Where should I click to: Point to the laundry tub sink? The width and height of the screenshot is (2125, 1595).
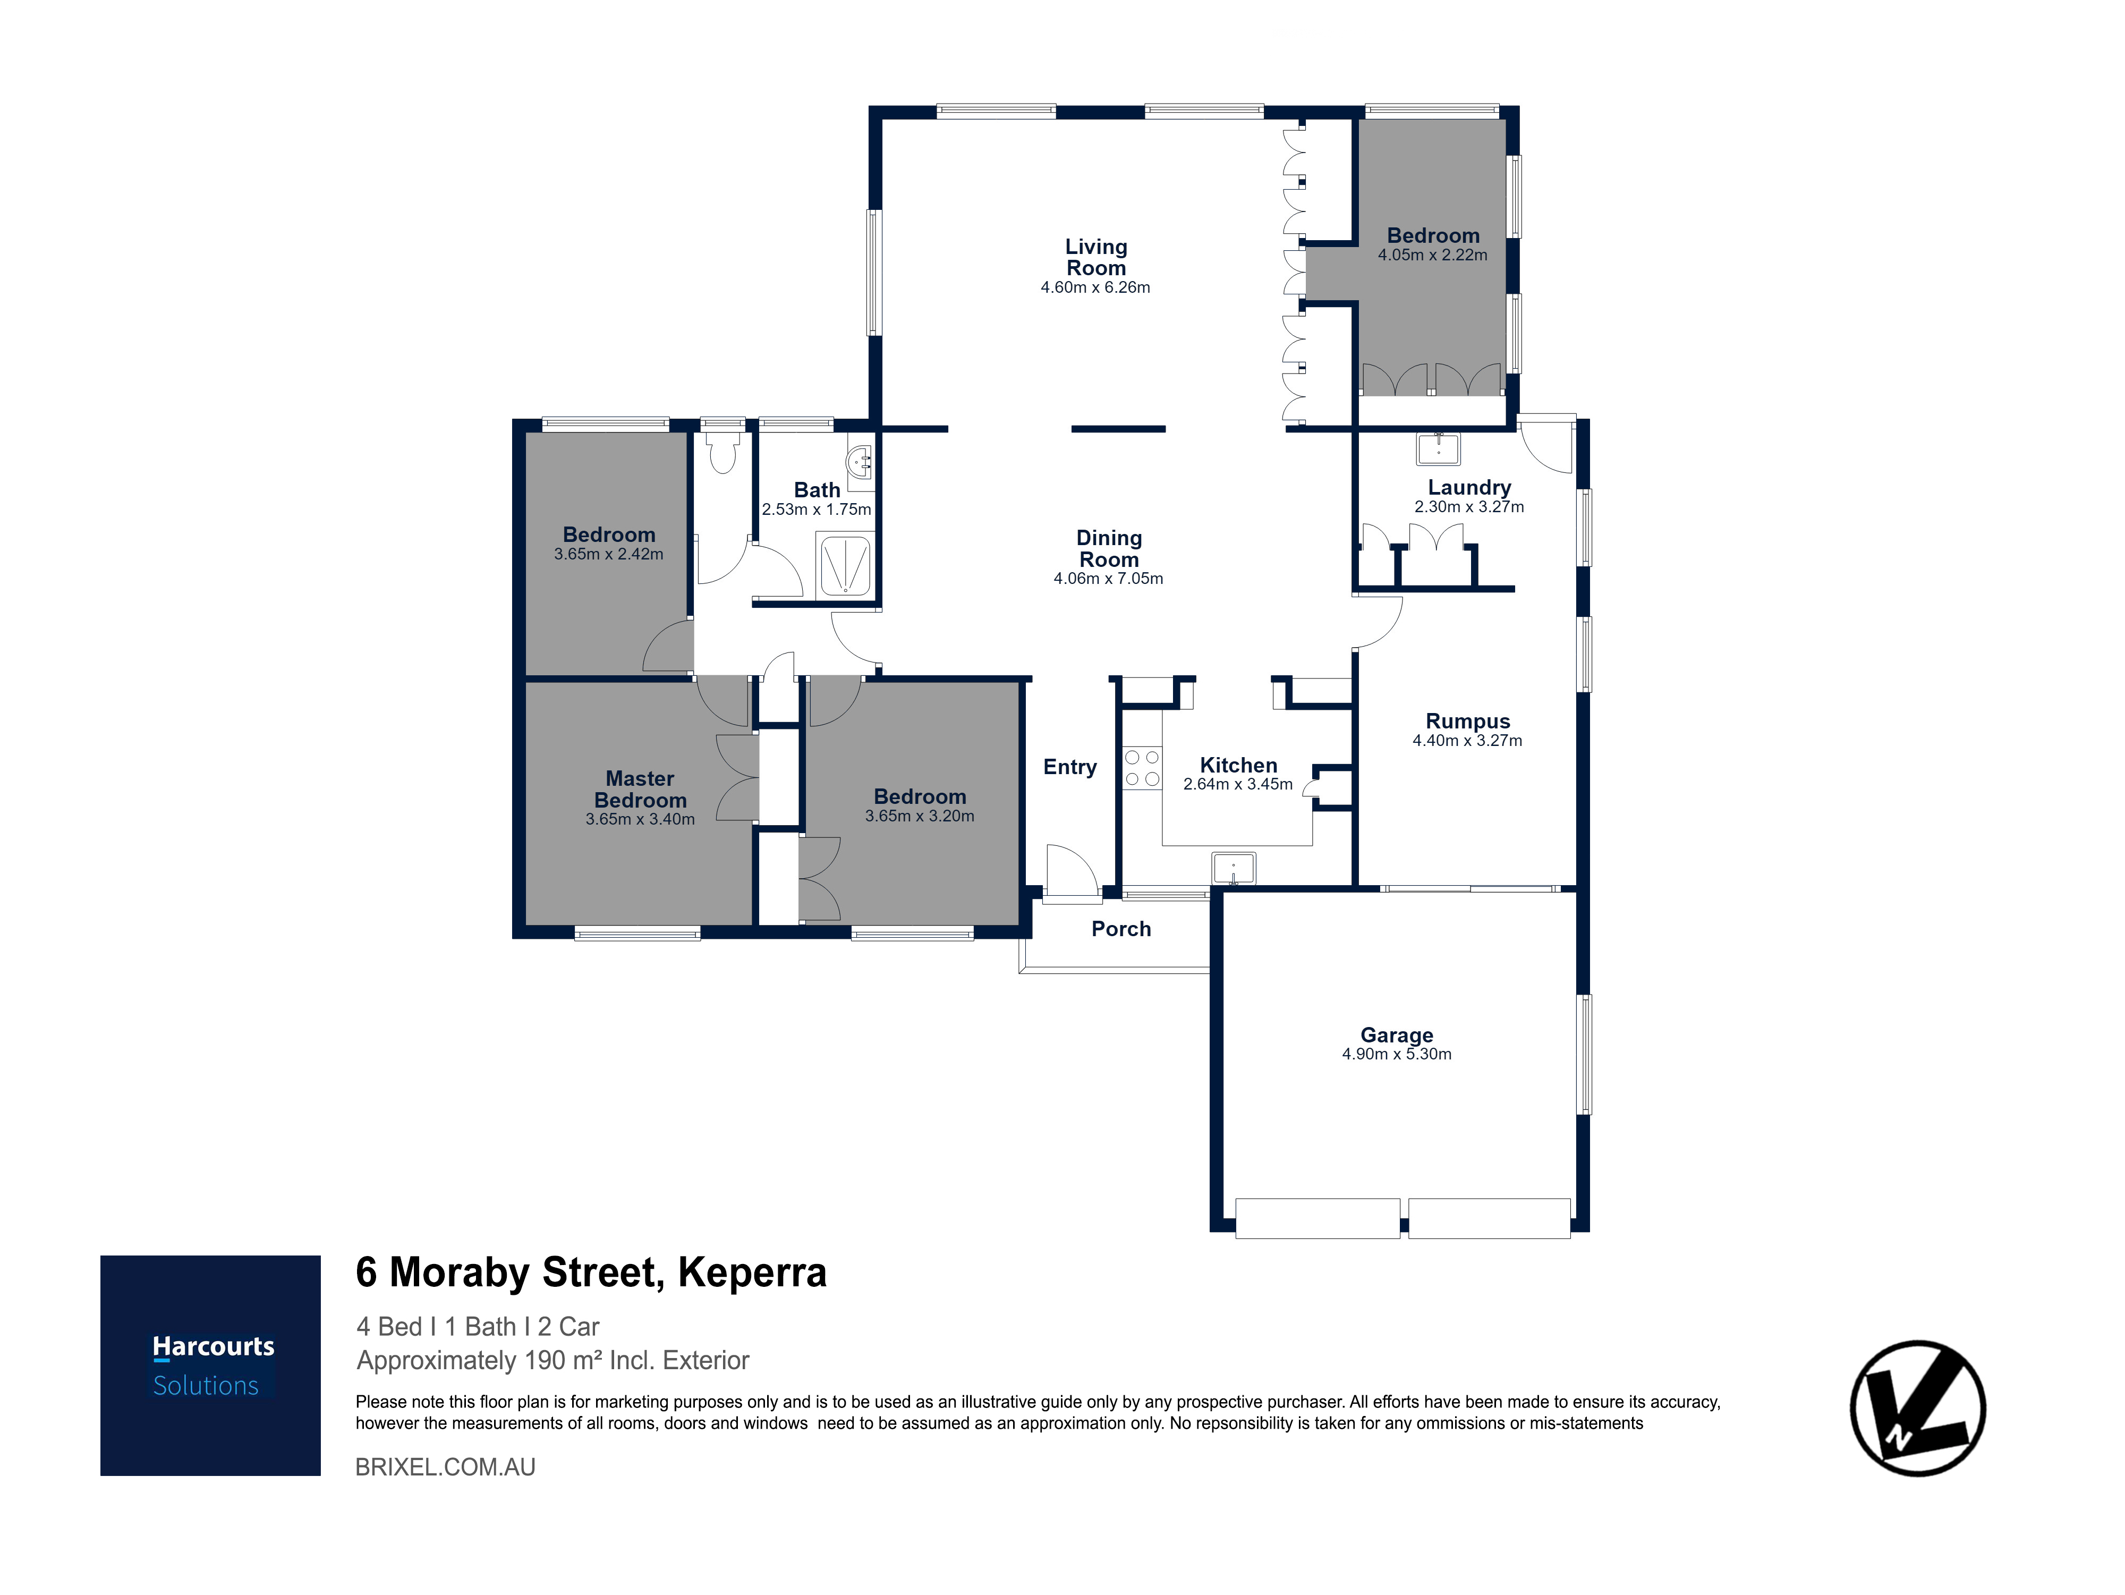tap(1438, 449)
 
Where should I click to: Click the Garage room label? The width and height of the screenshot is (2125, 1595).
tap(1397, 1035)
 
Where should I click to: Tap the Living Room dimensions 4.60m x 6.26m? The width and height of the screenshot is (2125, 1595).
tap(1095, 287)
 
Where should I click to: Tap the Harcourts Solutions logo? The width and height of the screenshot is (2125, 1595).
tap(210, 1365)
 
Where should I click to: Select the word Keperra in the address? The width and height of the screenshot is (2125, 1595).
tap(752, 1272)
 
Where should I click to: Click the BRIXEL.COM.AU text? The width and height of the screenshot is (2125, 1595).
tap(446, 1467)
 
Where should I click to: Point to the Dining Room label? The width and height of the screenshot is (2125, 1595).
tap(1109, 549)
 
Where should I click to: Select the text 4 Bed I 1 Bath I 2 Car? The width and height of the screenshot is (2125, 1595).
tap(478, 1327)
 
